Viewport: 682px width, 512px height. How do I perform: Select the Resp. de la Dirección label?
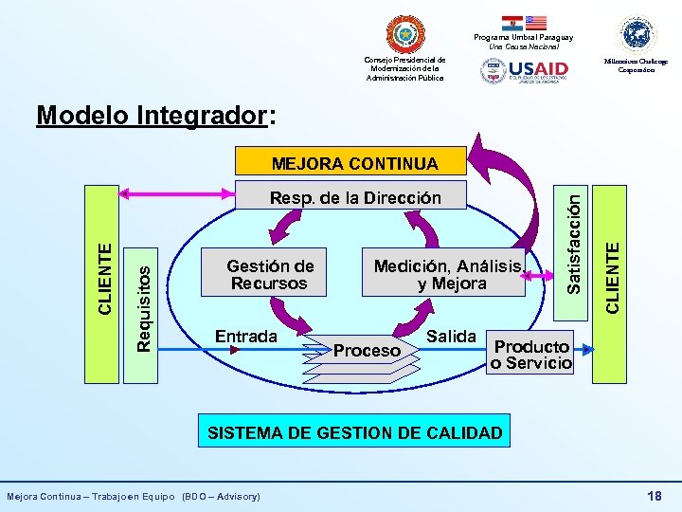pyautogui.click(x=355, y=197)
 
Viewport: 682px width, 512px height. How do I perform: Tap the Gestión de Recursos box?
pyautogui.click(x=270, y=274)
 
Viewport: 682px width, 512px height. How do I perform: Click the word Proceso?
pyautogui.click(x=367, y=351)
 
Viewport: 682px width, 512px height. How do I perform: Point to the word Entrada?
pyautogui.click(x=246, y=336)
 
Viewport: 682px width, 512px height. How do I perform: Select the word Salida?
pyautogui.click(x=451, y=336)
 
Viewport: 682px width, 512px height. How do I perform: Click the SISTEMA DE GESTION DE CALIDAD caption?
pyautogui.click(x=354, y=433)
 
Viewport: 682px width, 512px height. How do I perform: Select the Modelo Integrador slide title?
pyautogui.click(x=156, y=116)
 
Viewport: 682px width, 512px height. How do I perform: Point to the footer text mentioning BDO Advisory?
pyautogui.click(x=134, y=496)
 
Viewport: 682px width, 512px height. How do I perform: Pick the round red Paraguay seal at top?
pyautogui.click(x=405, y=34)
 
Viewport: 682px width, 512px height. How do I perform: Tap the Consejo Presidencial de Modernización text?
pyautogui.click(x=405, y=68)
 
